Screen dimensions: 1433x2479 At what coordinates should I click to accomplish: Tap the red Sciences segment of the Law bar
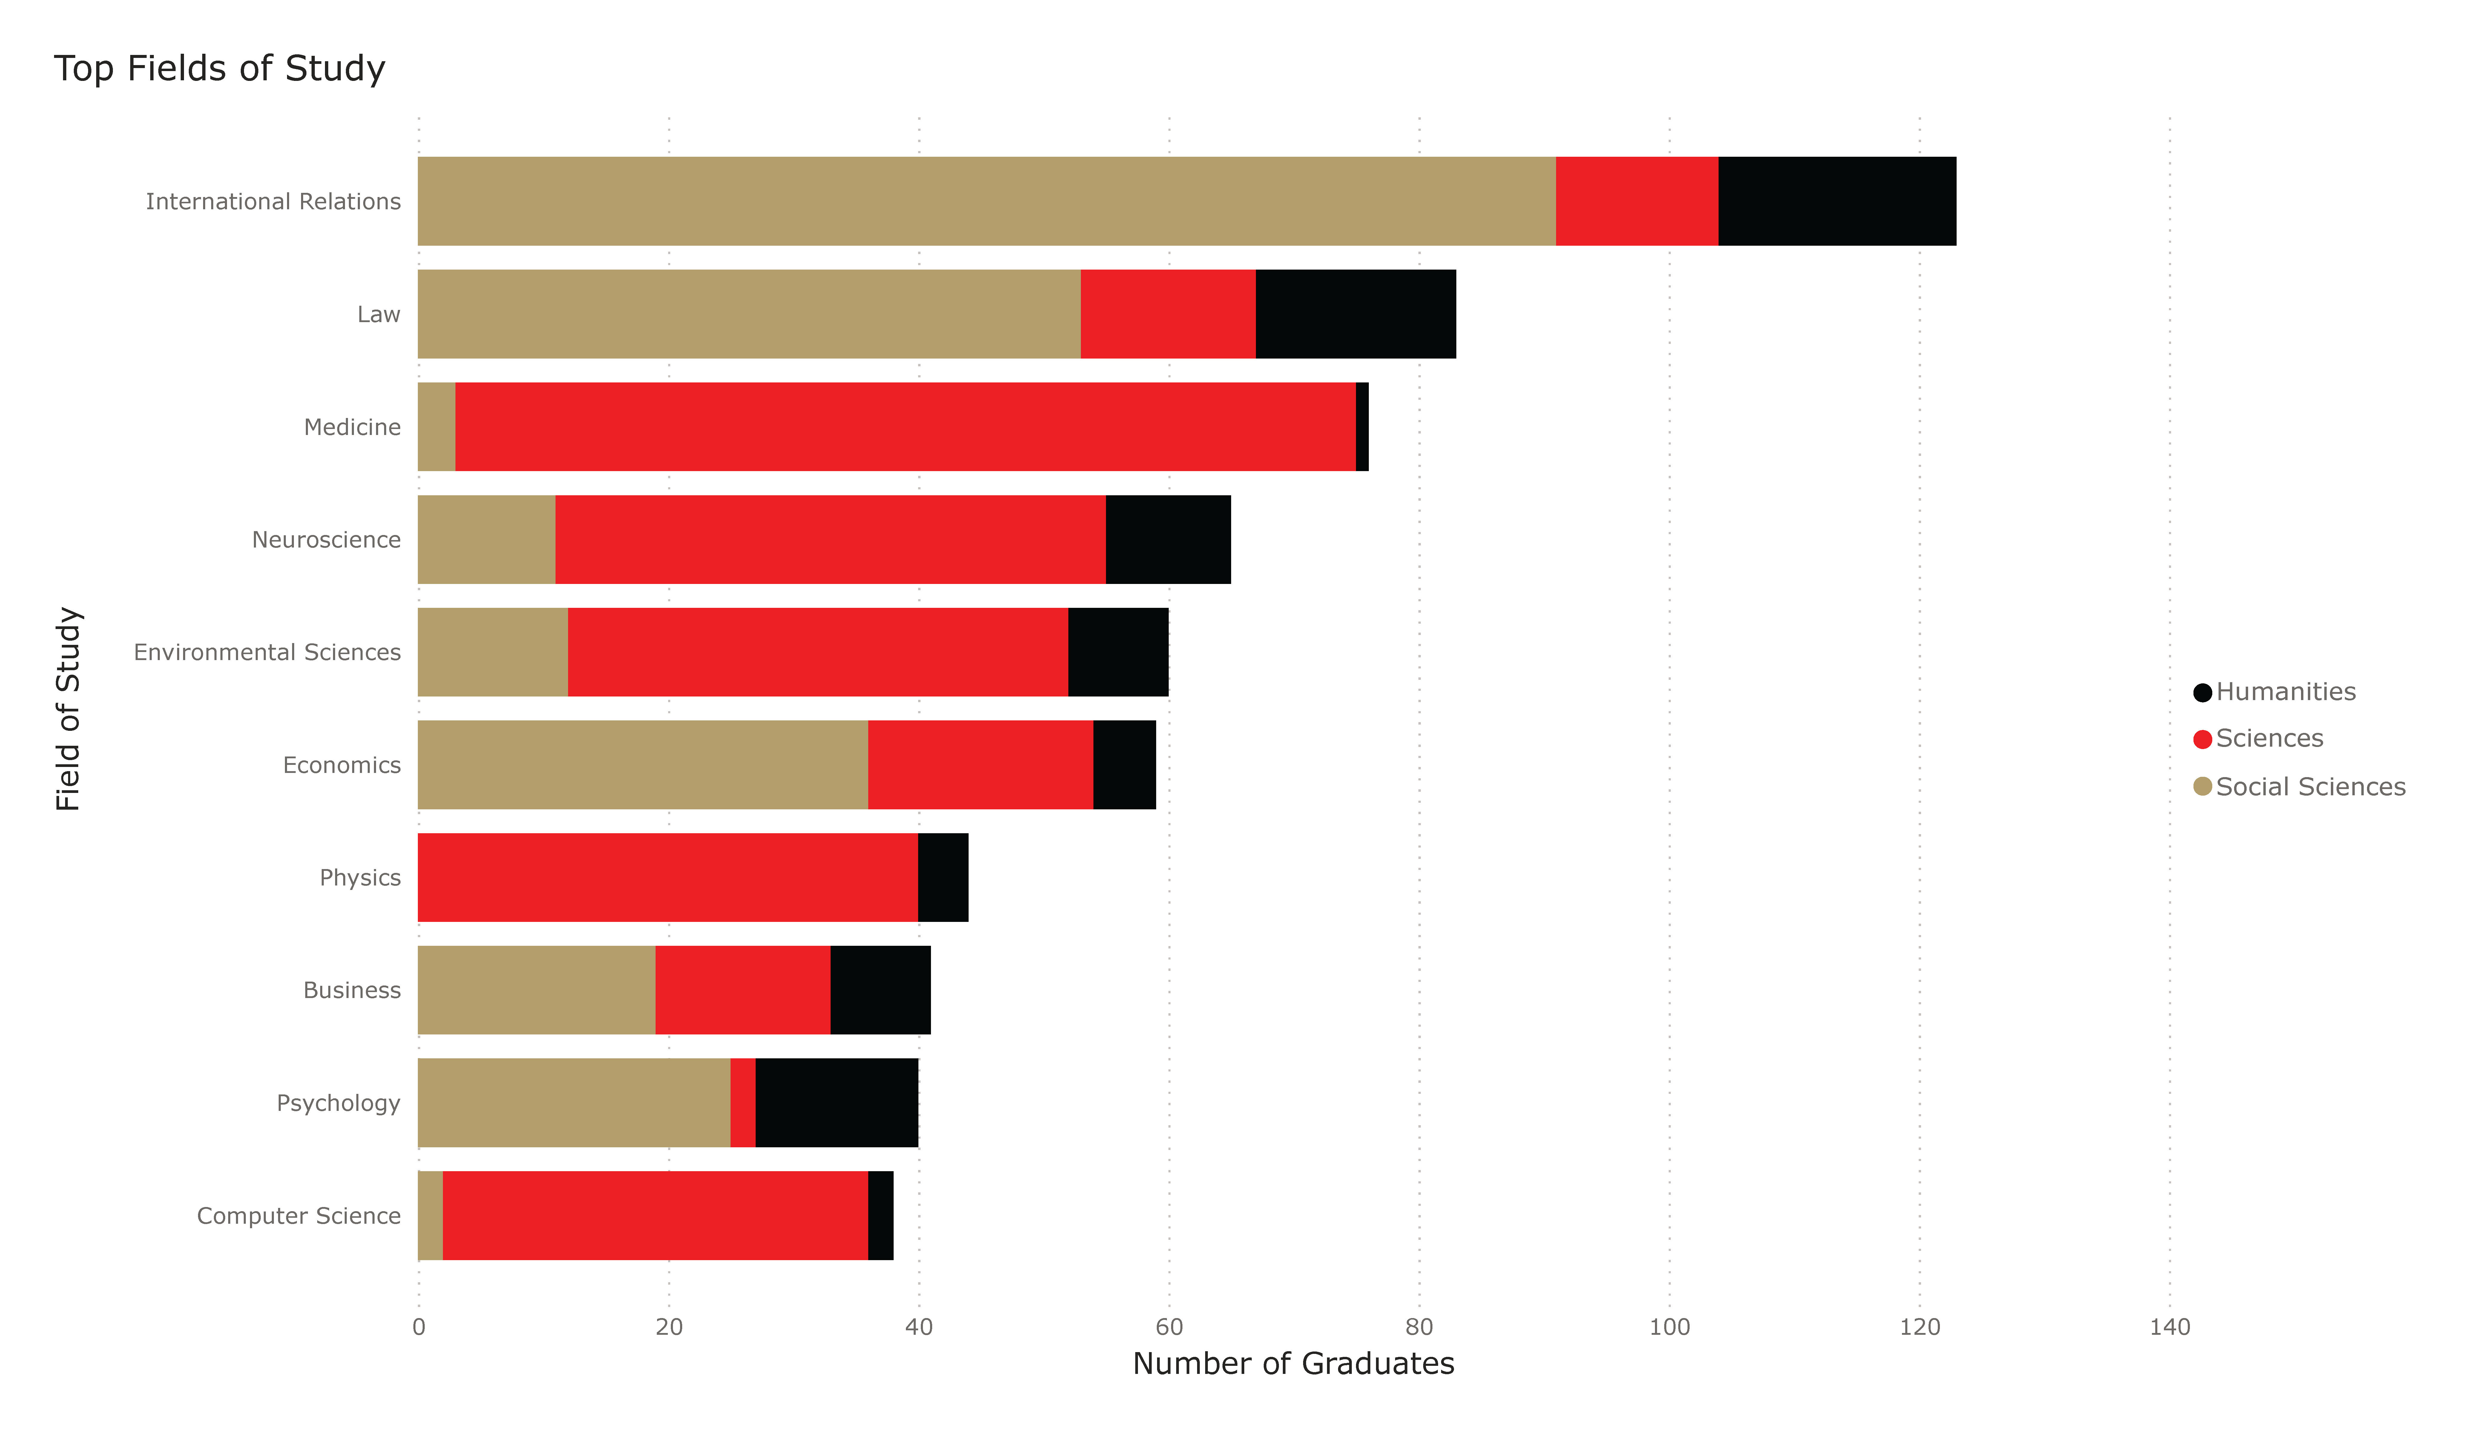point(1168,314)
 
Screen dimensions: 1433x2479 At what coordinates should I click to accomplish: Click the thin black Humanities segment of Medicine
point(1361,427)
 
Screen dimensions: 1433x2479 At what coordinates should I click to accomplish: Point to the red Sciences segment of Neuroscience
point(830,539)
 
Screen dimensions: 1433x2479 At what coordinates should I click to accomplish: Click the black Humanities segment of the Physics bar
point(942,877)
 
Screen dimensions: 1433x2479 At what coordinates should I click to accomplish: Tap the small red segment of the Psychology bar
point(743,1103)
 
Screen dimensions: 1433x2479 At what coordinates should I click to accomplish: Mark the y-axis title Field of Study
point(68,708)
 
